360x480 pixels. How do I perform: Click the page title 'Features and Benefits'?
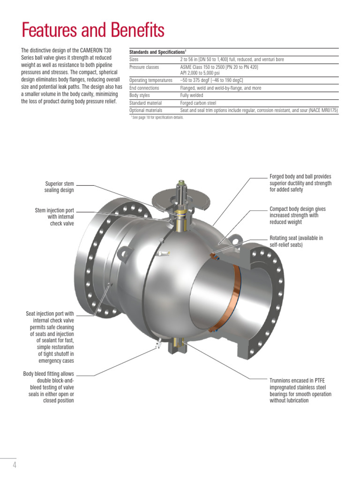click(x=93, y=30)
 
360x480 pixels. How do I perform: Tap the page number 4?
click(x=14, y=465)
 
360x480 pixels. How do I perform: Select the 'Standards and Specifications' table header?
click(x=158, y=52)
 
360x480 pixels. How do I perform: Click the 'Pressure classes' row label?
click(x=144, y=67)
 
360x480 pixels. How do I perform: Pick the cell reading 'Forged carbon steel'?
click(x=199, y=103)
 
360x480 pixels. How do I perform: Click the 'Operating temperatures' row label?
click(x=151, y=80)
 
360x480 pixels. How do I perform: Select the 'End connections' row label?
click(x=144, y=88)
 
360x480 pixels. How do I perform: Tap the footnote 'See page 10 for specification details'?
click(x=157, y=117)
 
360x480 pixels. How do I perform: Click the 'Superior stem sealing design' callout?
click(x=59, y=187)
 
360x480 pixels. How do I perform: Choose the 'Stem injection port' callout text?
click(x=54, y=217)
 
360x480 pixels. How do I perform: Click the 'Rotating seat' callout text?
click(x=296, y=241)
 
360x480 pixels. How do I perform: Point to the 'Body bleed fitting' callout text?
click(x=49, y=387)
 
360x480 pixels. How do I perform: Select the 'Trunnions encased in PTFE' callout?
click(x=300, y=390)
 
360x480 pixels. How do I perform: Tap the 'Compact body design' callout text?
click(x=297, y=215)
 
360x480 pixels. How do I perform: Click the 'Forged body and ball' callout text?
click(x=300, y=183)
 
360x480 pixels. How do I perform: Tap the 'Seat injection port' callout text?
click(x=50, y=337)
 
